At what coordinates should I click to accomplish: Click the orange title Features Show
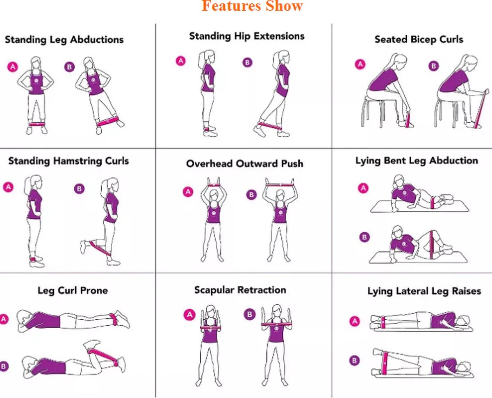(x=252, y=6)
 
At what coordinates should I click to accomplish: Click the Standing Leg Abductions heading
(x=64, y=40)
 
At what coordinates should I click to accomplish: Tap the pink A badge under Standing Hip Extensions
(x=180, y=61)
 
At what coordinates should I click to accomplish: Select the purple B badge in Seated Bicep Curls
(x=433, y=66)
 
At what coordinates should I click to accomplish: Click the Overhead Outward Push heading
(x=244, y=163)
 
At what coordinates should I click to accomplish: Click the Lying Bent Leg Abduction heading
(x=417, y=161)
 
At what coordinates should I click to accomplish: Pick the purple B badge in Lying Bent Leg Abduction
(x=363, y=237)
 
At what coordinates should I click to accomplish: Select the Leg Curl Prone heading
(x=73, y=290)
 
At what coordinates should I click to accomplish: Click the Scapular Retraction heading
(x=240, y=290)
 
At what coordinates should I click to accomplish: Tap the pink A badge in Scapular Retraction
(x=189, y=315)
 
